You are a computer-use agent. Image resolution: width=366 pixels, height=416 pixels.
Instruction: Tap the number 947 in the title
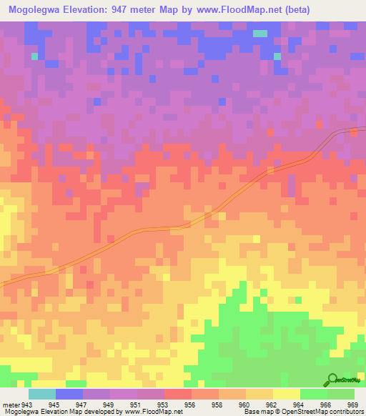click(130, 9)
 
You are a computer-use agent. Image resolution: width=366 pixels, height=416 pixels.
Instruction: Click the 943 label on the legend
click(28, 405)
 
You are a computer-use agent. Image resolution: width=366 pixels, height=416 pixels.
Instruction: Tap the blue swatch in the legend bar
click(69, 394)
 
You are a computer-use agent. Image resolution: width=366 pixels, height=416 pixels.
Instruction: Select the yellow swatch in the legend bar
click(286, 394)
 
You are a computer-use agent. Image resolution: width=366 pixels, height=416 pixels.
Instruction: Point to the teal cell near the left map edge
click(34, 55)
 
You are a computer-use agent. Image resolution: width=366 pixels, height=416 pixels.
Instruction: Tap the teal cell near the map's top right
click(259, 33)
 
